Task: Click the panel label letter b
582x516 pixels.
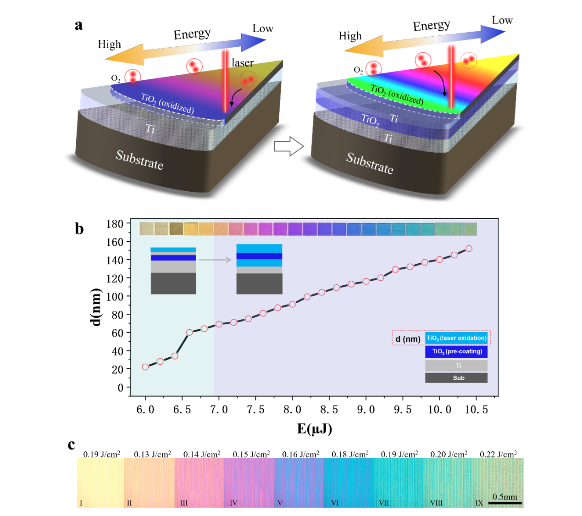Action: click(x=79, y=229)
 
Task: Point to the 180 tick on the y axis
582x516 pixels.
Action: click(x=115, y=224)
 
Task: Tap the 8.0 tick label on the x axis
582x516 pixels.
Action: click(x=292, y=410)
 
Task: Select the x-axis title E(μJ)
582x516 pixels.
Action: click(x=315, y=428)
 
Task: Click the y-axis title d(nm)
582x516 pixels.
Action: click(x=95, y=307)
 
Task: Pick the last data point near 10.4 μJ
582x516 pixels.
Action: click(x=469, y=249)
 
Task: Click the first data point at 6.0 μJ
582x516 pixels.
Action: click(x=145, y=367)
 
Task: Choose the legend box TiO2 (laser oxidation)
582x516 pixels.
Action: click(x=456, y=338)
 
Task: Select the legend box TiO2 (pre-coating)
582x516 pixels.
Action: click(x=456, y=351)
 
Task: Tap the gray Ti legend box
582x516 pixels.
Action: click(x=456, y=366)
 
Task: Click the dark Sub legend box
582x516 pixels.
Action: click(x=456, y=378)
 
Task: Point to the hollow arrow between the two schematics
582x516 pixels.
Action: click(x=288, y=147)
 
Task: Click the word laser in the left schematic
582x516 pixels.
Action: click(x=243, y=63)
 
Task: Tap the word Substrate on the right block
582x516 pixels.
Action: click(x=370, y=163)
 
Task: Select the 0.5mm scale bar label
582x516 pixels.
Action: click(x=504, y=497)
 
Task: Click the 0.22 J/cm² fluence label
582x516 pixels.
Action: click(x=498, y=454)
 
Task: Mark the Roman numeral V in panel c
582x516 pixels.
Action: click(x=280, y=503)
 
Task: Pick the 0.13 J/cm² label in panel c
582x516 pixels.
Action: click(x=152, y=454)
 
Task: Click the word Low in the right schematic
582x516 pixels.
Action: click(x=502, y=20)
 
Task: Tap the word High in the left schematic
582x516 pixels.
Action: click(x=109, y=44)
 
